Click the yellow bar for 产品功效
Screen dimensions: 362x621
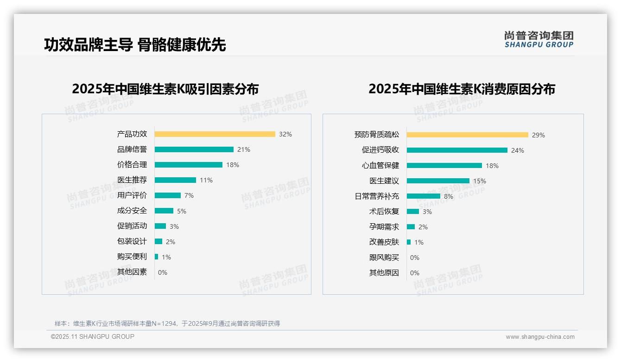pos(215,134)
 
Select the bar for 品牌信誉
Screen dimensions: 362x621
pos(194,149)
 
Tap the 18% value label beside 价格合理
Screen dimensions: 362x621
pos(233,165)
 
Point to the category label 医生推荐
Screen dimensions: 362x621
pos(132,180)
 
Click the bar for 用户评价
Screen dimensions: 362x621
pos(167,195)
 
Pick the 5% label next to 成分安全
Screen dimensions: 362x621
pos(182,211)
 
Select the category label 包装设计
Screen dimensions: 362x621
pos(132,241)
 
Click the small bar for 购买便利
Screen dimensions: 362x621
pos(156,257)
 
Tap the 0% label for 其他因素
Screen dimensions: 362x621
pos(163,272)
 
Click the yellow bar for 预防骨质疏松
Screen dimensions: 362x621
pos(467,135)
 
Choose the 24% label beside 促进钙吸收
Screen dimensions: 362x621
pos(518,150)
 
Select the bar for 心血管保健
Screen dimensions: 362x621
pos(444,166)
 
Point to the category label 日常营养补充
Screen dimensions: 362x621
pos(377,196)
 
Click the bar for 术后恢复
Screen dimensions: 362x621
pos(412,212)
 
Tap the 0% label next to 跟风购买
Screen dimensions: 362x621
pos(415,258)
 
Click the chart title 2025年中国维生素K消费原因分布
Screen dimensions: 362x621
pos(462,89)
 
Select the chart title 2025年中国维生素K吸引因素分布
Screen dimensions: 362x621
pos(165,89)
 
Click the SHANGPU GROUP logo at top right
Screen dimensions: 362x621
pos(539,39)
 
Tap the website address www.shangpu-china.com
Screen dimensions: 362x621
pos(540,337)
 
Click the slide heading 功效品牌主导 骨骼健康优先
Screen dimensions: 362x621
pos(135,45)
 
